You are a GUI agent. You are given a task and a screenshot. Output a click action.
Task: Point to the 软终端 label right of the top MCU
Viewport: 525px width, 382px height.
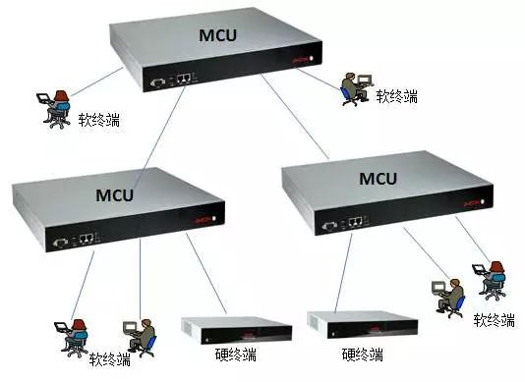point(396,96)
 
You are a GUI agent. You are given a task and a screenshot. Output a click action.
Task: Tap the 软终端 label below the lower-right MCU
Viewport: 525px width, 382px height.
point(493,320)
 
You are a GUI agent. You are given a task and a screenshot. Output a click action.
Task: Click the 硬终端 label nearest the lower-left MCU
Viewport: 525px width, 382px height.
point(234,353)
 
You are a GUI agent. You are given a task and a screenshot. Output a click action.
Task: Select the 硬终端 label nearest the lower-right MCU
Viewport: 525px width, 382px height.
point(363,353)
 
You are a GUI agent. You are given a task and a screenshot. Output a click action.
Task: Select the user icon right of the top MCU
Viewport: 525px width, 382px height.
point(353,87)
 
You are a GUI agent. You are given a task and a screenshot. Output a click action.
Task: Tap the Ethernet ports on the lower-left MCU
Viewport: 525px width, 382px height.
point(87,237)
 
